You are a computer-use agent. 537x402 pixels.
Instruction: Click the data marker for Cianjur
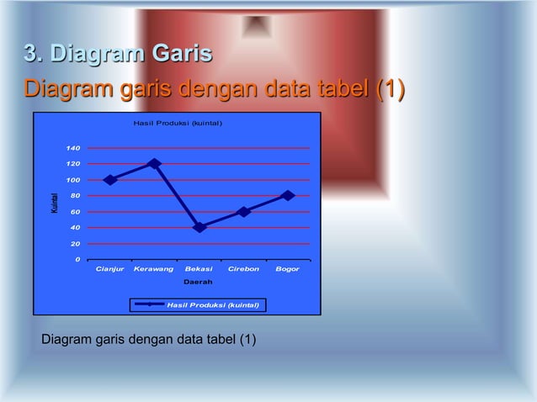(110, 179)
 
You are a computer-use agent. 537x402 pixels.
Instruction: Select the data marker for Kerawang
(154, 163)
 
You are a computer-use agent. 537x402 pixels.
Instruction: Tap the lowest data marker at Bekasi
(199, 227)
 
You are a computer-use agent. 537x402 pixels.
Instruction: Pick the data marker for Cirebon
(243, 211)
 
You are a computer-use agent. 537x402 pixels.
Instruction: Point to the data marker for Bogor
(288, 195)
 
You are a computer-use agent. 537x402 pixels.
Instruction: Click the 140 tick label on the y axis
(73, 148)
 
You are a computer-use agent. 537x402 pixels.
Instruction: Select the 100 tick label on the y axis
(73, 180)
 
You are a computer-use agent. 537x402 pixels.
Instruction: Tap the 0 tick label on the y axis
(77, 259)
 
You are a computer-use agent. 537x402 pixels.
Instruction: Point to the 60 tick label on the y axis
(75, 212)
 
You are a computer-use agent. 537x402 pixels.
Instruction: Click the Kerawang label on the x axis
(154, 269)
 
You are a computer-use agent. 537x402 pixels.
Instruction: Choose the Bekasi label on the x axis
(199, 269)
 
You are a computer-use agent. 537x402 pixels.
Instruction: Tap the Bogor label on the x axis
(288, 269)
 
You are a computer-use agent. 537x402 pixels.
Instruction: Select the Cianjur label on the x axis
(110, 269)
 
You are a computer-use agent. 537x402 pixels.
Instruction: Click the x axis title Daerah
(199, 282)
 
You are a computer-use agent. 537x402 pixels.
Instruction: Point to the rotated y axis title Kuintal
(53, 203)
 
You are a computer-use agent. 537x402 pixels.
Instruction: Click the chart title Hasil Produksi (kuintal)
(178, 124)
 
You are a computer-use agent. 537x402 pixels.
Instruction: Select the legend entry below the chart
(199, 304)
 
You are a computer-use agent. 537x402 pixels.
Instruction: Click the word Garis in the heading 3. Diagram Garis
(181, 56)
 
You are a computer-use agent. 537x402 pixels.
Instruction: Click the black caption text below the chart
(149, 340)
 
